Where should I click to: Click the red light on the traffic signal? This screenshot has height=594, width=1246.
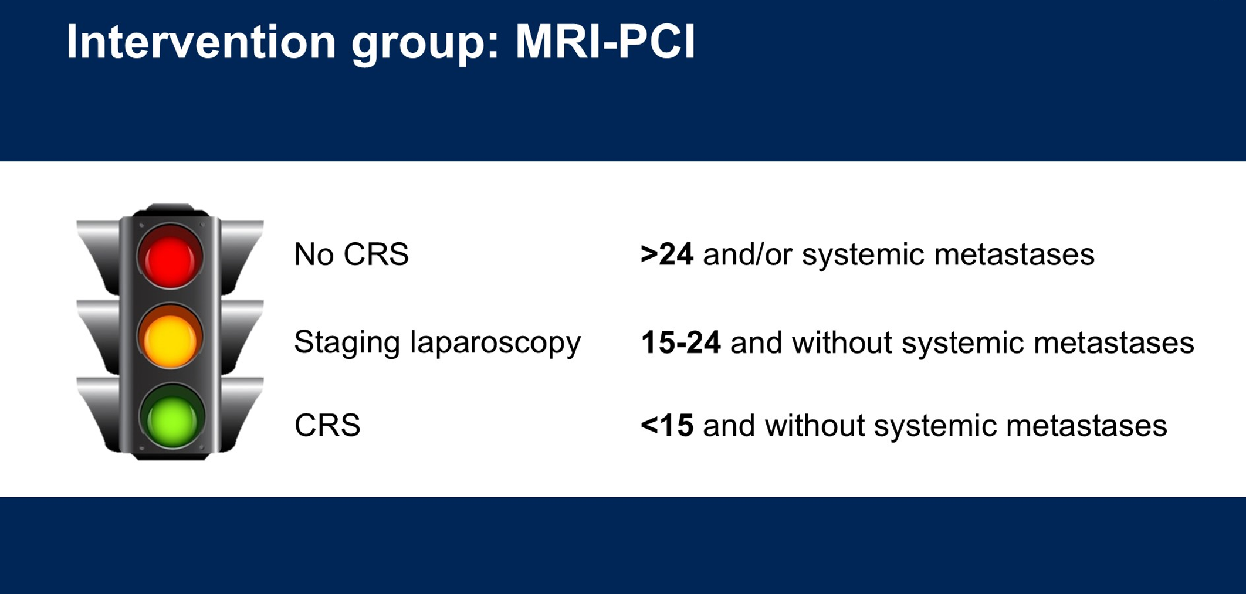tap(170, 257)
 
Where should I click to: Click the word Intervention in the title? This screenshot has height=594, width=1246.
tap(201, 42)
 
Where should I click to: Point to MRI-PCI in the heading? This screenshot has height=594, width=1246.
tap(605, 42)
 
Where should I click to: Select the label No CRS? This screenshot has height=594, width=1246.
tap(351, 254)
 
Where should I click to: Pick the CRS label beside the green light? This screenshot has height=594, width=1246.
tap(327, 425)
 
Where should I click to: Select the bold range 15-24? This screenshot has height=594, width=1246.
tap(680, 342)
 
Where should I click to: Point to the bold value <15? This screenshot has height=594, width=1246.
tap(667, 425)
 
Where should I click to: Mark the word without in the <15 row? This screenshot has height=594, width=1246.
tap(815, 425)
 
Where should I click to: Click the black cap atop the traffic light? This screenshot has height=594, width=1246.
tap(170, 210)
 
